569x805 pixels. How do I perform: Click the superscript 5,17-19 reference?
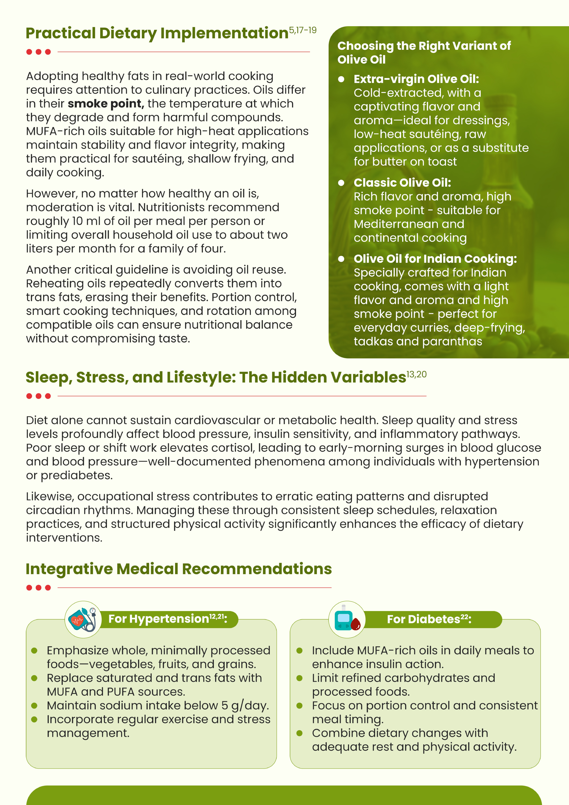pyautogui.click(x=303, y=30)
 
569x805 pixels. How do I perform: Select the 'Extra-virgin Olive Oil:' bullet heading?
pyautogui.click(x=416, y=79)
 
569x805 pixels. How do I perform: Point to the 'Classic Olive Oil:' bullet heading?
pyautogui.click(x=402, y=183)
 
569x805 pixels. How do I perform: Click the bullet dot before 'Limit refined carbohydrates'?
pyautogui.click(x=299, y=678)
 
